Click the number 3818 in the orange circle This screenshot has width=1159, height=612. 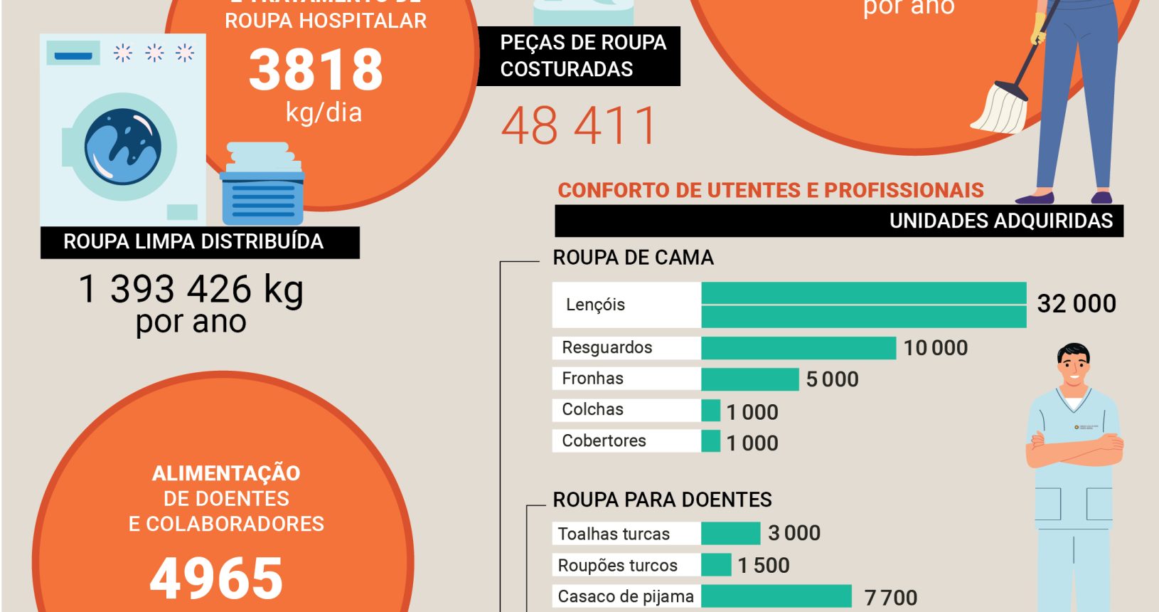(316, 70)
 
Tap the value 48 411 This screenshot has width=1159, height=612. (579, 126)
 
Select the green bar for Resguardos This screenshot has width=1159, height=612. (798, 348)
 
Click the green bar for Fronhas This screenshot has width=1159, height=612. (749, 379)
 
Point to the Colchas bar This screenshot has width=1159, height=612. (710, 411)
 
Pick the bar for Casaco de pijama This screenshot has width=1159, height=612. (776, 596)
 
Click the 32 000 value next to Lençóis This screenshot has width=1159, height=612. (1076, 304)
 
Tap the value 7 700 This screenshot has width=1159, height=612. (890, 598)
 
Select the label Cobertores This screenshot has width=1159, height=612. (604, 441)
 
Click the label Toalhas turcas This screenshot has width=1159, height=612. (614, 534)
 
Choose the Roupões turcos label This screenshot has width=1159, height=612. (617, 566)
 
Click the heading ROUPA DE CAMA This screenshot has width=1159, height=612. (633, 258)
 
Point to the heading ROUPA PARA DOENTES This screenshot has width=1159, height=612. (662, 500)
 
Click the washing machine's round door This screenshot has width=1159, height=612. (123, 147)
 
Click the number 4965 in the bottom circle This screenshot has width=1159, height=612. (216, 578)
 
